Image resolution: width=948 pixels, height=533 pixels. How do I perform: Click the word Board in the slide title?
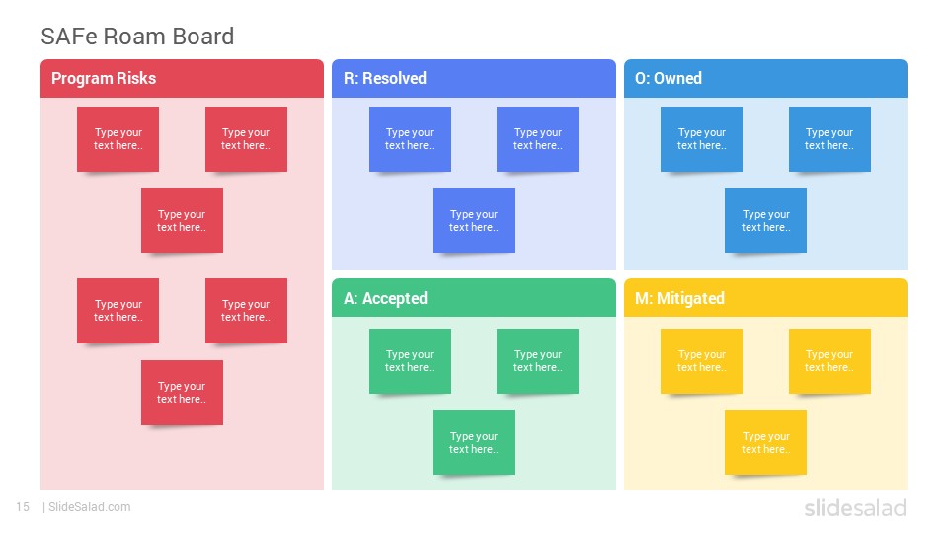point(202,37)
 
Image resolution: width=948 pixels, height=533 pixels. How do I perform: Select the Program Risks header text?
point(104,79)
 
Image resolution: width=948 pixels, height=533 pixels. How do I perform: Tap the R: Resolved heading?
point(385,79)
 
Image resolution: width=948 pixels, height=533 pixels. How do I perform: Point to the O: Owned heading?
point(669,79)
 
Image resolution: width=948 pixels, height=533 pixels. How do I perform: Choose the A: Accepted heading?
point(385,298)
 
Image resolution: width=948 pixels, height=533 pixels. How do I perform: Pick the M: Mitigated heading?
point(679,298)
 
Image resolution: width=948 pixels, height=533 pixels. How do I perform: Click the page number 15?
point(23,507)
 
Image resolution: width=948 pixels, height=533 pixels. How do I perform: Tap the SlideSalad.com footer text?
point(90,507)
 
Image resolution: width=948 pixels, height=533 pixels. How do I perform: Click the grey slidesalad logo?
point(855,507)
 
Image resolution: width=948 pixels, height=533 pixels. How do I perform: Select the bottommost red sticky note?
point(182,393)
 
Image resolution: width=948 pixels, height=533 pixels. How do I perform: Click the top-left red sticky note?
point(118,139)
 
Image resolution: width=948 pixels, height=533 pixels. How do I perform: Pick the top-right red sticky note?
point(246,139)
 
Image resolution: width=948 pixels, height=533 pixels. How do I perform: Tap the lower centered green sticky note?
point(474,442)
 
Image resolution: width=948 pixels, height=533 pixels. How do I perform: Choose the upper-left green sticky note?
point(410,361)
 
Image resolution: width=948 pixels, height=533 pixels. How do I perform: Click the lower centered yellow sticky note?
point(765,442)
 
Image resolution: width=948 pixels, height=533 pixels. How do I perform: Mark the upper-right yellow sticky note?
point(829,361)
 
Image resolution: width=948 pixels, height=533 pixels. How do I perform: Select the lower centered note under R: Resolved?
point(474,220)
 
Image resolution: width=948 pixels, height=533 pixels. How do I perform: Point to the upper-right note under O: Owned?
point(829,139)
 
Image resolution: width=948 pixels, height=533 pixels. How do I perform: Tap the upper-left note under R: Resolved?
point(410,139)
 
